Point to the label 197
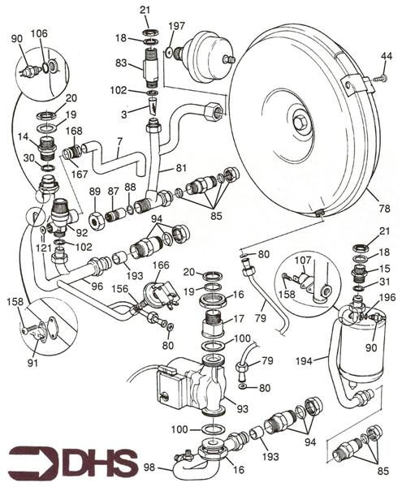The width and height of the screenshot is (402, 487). click(176, 27)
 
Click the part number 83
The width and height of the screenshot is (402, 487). click(120, 63)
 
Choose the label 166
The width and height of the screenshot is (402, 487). click(162, 265)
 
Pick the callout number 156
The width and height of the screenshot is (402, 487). click(120, 288)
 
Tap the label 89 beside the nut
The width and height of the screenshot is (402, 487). click(95, 192)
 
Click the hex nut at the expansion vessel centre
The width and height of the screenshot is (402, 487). click(300, 123)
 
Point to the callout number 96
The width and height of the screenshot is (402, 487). click(97, 287)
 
